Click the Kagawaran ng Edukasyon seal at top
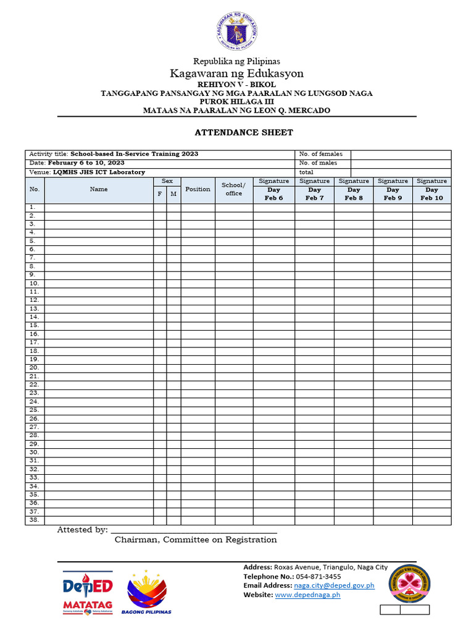click(x=237, y=33)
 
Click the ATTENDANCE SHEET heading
click(x=244, y=132)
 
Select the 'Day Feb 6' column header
click(x=273, y=194)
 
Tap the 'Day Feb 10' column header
click(x=431, y=194)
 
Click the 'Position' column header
click(x=197, y=190)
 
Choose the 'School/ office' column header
click(x=234, y=190)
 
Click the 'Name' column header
click(x=99, y=190)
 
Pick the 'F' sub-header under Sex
click(x=160, y=194)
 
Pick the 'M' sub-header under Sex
click(x=173, y=194)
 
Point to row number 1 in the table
click(x=34, y=208)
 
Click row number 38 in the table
click(x=34, y=520)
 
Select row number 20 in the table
click(x=34, y=368)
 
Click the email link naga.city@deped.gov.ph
click(x=334, y=585)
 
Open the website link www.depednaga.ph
click(x=307, y=595)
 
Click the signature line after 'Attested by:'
click(x=193, y=530)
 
